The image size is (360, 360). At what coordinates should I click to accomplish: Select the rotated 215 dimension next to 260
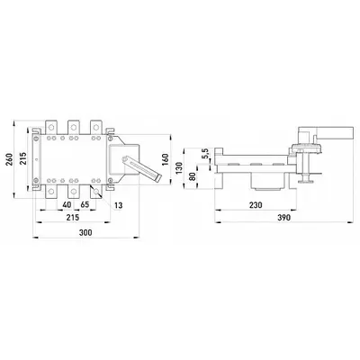tap(22, 158)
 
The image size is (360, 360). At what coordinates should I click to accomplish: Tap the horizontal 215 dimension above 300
tap(73, 217)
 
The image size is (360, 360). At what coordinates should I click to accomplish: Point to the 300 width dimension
tap(85, 232)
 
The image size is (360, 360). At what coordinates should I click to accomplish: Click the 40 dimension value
tap(67, 204)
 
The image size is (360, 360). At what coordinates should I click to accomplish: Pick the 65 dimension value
tap(85, 204)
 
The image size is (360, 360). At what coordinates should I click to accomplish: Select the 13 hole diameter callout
tap(119, 205)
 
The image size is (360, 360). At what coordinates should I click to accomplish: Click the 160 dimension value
tap(166, 159)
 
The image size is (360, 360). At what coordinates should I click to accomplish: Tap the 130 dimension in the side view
tap(179, 168)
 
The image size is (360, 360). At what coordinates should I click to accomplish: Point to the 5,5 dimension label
tap(206, 153)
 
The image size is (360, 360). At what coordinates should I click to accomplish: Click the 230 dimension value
tap(256, 205)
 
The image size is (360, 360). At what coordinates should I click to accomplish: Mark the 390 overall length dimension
tap(283, 217)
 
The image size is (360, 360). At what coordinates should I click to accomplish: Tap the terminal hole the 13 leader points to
tap(96, 192)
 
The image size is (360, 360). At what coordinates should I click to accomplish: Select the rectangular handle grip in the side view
tap(335, 133)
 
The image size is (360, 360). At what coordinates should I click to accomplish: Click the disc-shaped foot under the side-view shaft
tap(306, 180)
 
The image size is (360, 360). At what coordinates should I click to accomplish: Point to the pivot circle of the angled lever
tap(124, 159)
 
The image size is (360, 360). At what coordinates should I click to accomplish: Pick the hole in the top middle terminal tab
tap(74, 127)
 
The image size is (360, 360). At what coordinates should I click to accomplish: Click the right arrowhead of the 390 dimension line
tap(350, 222)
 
